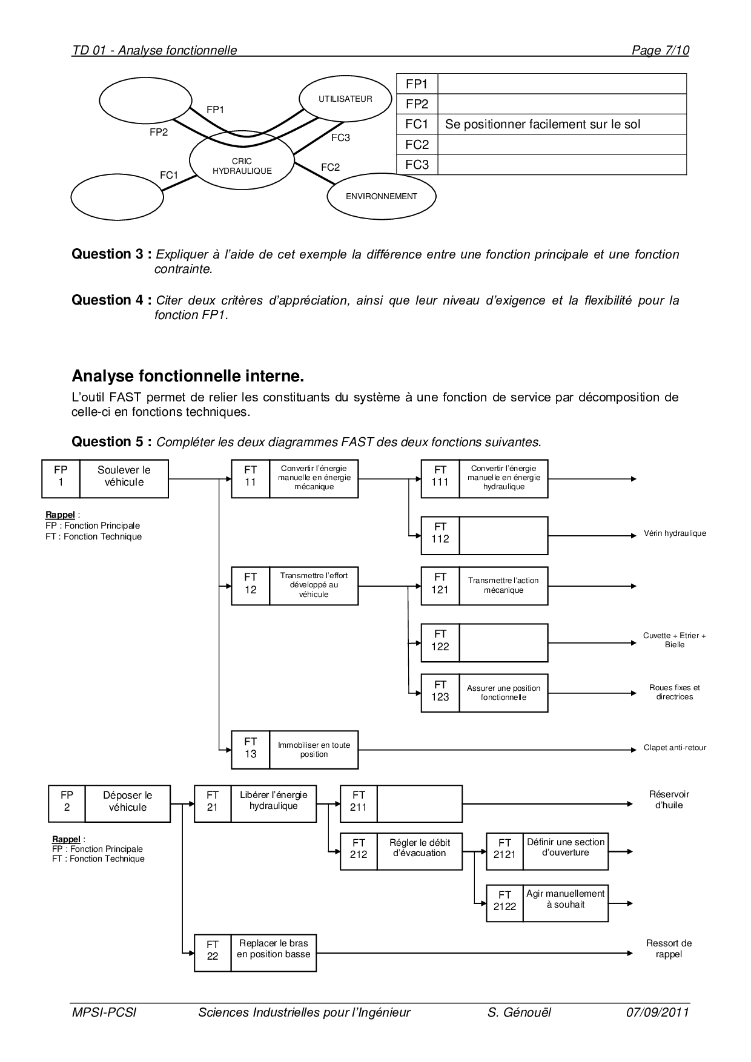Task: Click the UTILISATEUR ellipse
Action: click(x=345, y=99)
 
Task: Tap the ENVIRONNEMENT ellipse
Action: click(x=381, y=196)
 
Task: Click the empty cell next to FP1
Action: click(x=561, y=84)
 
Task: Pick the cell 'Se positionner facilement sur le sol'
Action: click(x=561, y=125)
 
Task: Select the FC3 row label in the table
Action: click(x=417, y=165)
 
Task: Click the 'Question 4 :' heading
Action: click(x=111, y=300)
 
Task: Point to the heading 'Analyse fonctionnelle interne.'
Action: click(x=188, y=377)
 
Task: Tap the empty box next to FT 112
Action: click(x=503, y=536)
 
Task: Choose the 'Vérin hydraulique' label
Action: click(x=675, y=534)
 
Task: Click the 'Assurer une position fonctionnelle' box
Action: click(x=503, y=693)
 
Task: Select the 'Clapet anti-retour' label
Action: click(x=675, y=748)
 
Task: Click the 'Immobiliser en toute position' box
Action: click(x=314, y=750)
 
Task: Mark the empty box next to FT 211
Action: click(x=419, y=803)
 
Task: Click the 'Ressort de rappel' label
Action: click(x=669, y=949)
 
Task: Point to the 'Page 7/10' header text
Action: click(x=660, y=51)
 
